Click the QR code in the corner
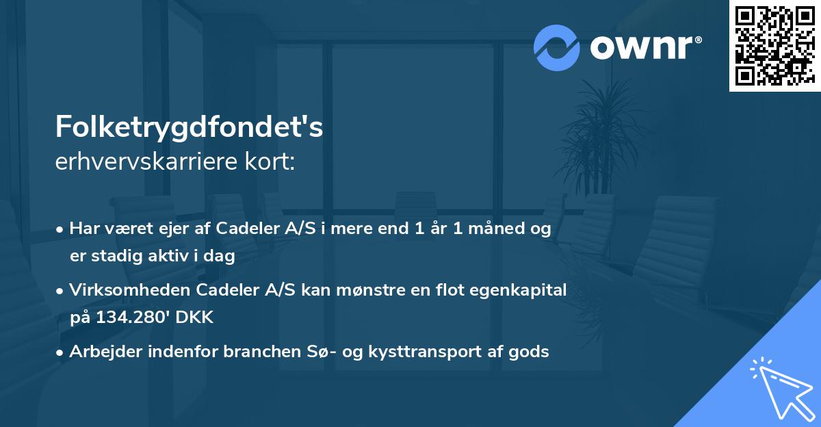point(774,46)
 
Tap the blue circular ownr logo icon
point(557,47)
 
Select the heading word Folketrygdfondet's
point(189,128)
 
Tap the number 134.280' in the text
point(130,318)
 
